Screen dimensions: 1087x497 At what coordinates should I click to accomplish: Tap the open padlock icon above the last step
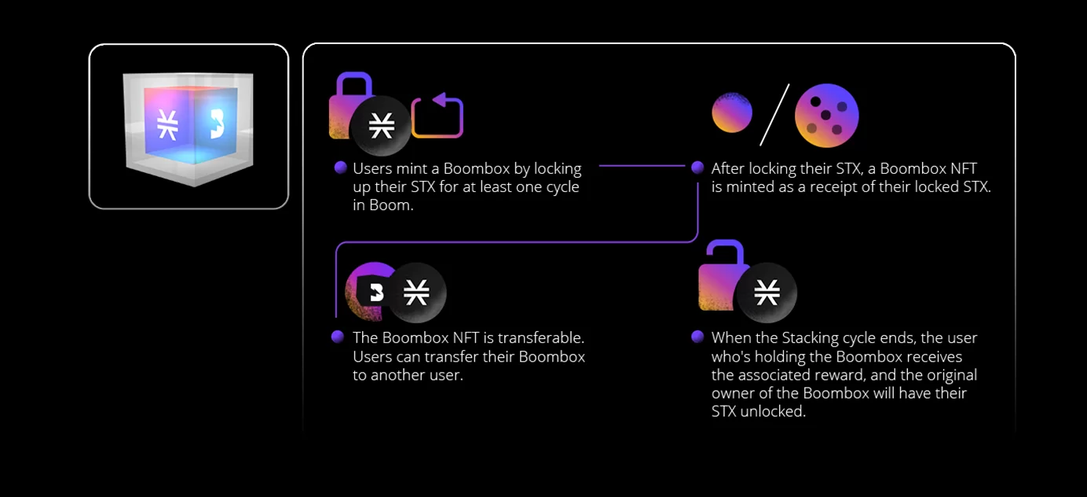(x=718, y=279)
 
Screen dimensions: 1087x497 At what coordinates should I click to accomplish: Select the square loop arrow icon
(x=437, y=115)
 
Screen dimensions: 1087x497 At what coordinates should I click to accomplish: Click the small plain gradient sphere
(x=732, y=112)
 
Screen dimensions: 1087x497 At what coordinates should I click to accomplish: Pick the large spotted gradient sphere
(x=826, y=115)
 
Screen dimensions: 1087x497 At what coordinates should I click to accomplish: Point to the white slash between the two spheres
(x=774, y=115)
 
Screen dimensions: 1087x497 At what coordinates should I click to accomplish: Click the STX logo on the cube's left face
(x=167, y=125)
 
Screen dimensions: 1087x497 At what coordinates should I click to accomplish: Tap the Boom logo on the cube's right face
(x=217, y=123)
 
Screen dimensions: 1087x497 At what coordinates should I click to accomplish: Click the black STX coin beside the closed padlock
(x=381, y=125)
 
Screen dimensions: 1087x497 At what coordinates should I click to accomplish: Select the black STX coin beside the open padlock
(x=767, y=293)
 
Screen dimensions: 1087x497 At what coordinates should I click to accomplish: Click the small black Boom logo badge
(x=375, y=293)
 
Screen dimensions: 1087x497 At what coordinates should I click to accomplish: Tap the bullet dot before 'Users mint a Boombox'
(x=341, y=168)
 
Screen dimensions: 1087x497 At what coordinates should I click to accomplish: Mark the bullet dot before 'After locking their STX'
(x=697, y=168)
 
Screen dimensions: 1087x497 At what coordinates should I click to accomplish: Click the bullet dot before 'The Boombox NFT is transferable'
(x=338, y=337)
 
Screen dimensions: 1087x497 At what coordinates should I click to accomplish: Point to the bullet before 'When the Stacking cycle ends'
(x=697, y=337)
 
